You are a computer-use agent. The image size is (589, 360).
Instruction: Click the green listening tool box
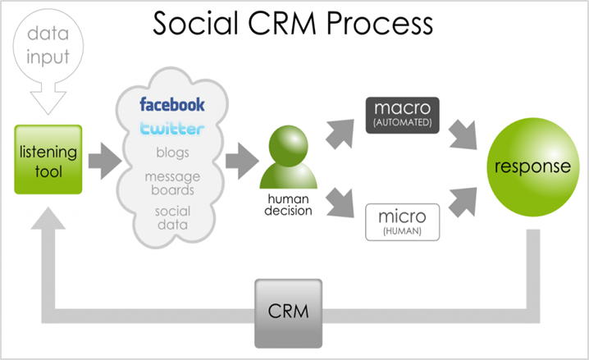click(x=48, y=160)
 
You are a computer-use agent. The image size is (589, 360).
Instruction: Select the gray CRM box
click(x=288, y=313)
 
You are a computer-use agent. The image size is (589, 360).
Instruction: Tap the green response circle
click(x=533, y=167)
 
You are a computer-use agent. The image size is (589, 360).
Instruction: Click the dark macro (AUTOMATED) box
click(x=402, y=116)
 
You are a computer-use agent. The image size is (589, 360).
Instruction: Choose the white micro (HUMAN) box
click(x=402, y=222)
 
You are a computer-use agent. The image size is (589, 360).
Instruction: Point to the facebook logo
click(x=172, y=104)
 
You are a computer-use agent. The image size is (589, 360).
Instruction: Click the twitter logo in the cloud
click(x=172, y=128)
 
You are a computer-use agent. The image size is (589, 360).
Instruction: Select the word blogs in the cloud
click(x=173, y=153)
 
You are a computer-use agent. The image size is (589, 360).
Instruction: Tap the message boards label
click(x=173, y=183)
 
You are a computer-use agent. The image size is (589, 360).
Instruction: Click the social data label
click(x=173, y=218)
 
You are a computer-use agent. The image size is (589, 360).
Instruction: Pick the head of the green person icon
click(x=289, y=146)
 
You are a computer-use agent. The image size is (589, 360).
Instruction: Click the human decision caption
click(x=288, y=205)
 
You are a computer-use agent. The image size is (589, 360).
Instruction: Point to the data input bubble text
click(x=48, y=45)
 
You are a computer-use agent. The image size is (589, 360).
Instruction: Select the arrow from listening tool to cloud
click(x=105, y=161)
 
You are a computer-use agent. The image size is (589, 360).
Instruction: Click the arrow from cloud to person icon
click(x=242, y=161)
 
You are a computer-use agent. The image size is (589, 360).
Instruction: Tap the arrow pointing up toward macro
click(x=340, y=134)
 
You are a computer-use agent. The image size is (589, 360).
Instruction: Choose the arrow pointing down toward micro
click(x=340, y=203)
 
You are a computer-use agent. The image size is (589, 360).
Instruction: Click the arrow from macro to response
click(x=463, y=134)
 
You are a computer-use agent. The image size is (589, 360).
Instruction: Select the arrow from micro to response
click(x=463, y=203)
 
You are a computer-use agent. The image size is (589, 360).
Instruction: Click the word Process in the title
click(x=380, y=23)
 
